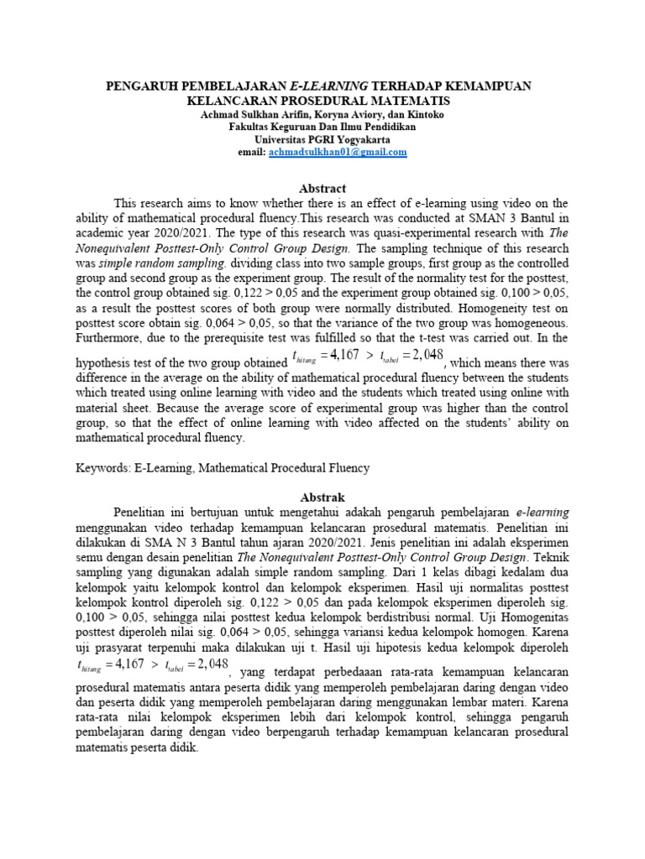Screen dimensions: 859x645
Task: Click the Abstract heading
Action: (322, 189)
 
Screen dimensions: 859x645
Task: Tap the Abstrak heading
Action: (322, 497)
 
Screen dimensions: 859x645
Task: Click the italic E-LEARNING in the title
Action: (325, 86)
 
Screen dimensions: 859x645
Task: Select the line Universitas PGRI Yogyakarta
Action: (322, 139)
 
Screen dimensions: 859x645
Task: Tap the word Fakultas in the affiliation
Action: (249, 127)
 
